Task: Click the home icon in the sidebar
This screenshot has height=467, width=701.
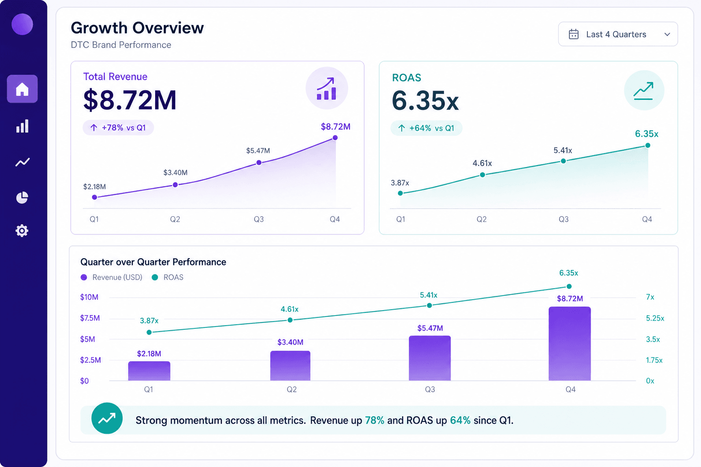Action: tap(22, 89)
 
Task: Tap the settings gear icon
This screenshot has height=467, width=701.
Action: tap(22, 231)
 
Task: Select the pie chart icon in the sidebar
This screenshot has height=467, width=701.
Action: tap(22, 197)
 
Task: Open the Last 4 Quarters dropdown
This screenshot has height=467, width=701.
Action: tap(618, 34)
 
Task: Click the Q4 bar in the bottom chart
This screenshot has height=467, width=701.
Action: tap(570, 343)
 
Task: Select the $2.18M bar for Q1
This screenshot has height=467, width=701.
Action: tap(149, 371)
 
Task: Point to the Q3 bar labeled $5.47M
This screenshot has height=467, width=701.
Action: tap(429, 358)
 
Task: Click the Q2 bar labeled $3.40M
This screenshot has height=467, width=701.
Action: tap(290, 366)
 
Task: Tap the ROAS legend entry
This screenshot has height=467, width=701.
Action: tap(168, 277)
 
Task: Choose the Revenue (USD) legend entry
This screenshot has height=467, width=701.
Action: tap(111, 277)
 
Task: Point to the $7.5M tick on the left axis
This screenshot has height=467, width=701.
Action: tap(90, 318)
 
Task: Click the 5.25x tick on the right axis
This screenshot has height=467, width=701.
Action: tap(655, 318)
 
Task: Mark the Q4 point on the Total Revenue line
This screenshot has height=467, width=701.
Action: tap(335, 138)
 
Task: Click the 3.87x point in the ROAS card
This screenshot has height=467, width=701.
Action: tap(400, 193)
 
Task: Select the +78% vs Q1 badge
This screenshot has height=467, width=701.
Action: tap(118, 128)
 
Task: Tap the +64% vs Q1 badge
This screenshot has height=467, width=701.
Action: tap(426, 128)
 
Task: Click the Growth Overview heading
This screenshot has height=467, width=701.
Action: tap(137, 28)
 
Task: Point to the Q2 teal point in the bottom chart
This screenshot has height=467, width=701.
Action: tap(290, 320)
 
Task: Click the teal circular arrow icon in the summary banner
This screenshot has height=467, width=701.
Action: tap(107, 418)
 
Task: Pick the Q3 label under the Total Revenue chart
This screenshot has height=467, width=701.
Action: tap(259, 219)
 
